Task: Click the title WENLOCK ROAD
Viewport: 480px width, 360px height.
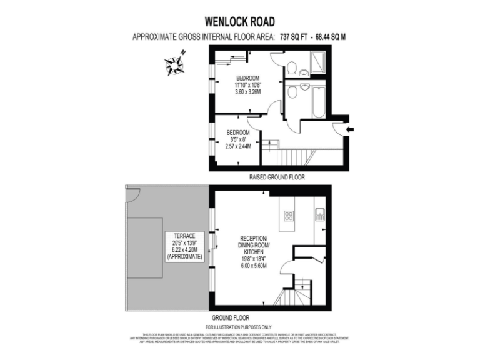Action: tap(239, 22)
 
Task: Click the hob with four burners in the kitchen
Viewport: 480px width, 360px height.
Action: tap(289, 216)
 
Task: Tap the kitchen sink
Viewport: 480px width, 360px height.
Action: tap(319, 216)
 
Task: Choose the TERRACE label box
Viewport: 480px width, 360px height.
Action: tap(185, 246)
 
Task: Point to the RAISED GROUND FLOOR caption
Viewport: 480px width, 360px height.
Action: tap(277, 177)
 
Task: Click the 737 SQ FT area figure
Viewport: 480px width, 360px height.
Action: tap(297, 37)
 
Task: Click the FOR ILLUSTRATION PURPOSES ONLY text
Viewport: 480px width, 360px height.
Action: tap(239, 327)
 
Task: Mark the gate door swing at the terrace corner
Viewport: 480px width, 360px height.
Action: tap(132, 195)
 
